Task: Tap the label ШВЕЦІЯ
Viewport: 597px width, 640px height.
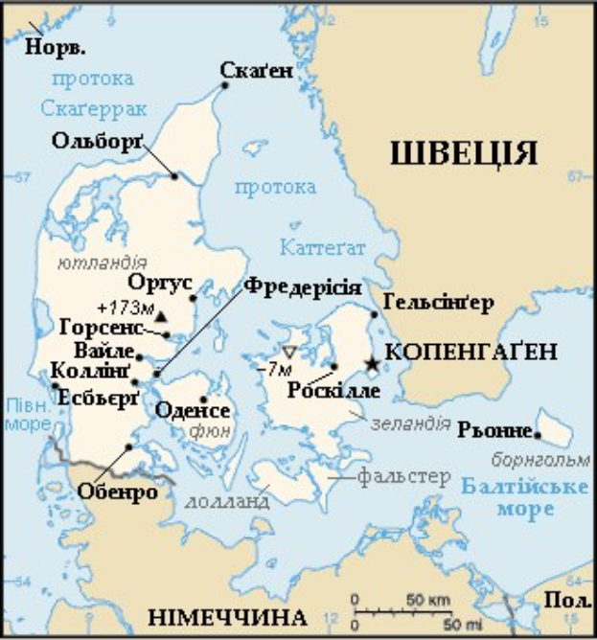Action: (463, 153)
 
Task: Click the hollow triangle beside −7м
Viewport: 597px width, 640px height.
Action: (289, 353)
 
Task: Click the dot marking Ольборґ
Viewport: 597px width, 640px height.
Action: (174, 175)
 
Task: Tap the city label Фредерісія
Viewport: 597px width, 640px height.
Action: (302, 286)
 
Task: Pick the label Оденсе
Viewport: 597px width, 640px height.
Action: (199, 411)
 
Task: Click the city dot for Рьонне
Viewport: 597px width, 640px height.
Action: (539, 434)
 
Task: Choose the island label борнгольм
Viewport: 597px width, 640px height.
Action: (532, 459)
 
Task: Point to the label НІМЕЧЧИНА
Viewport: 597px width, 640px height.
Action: (227, 616)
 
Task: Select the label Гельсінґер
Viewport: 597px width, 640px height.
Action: (437, 304)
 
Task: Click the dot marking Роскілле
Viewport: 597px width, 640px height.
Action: (333, 366)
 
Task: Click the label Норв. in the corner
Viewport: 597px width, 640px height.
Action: (56, 46)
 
